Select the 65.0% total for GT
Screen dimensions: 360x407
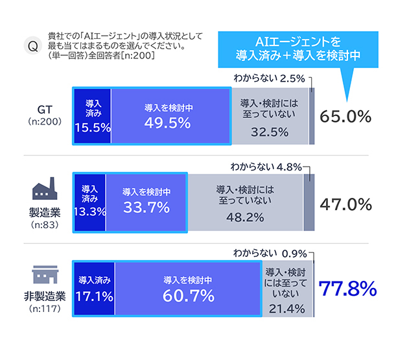[346, 117]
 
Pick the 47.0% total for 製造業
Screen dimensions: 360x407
[346, 204]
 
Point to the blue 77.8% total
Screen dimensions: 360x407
[349, 287]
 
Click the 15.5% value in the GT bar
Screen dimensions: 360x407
[92, 127]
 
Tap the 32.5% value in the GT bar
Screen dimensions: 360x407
[268, 132]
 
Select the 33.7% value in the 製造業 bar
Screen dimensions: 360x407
[146, 208]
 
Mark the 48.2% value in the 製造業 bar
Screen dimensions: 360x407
[245, 218]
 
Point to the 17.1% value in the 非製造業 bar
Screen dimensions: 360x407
[94, 296]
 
